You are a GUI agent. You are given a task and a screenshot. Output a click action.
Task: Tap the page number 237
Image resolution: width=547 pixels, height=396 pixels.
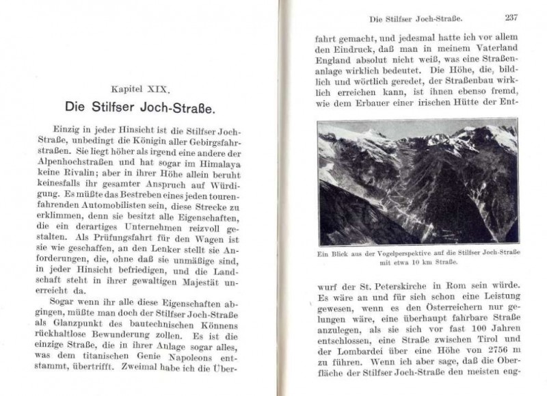513,18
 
